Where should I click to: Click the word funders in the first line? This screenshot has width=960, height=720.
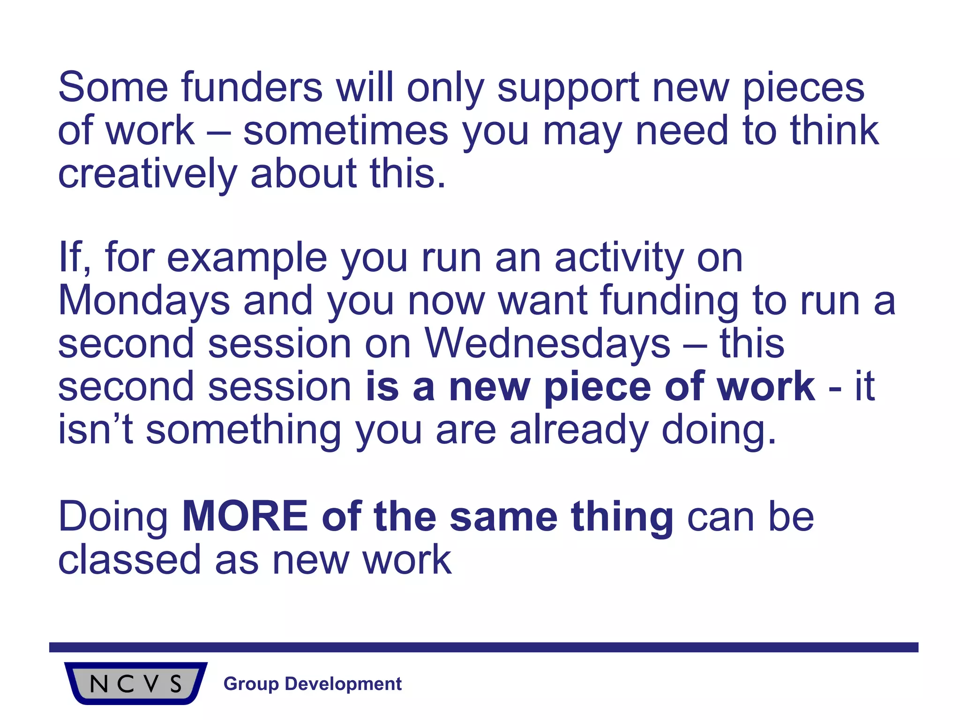coord(252,88)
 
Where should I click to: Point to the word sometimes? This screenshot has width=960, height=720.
coord(345,131)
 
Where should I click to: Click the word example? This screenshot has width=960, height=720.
coord(247,259)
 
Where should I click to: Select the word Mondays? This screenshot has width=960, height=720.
coord(144,301)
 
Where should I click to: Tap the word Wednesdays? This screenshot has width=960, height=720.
coord(547,344)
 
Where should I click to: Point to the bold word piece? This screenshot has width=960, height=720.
coord(596,387)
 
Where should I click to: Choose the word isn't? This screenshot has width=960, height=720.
coord(95,430)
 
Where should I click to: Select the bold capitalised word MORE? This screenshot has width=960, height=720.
coord(245,517)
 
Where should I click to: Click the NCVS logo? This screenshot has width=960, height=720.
coord(135,683)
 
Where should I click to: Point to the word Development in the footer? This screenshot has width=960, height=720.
coord(343,684)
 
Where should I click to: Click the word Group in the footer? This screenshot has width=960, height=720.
coord(251,684)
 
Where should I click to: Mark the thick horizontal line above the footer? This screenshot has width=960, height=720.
coord(483,647)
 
